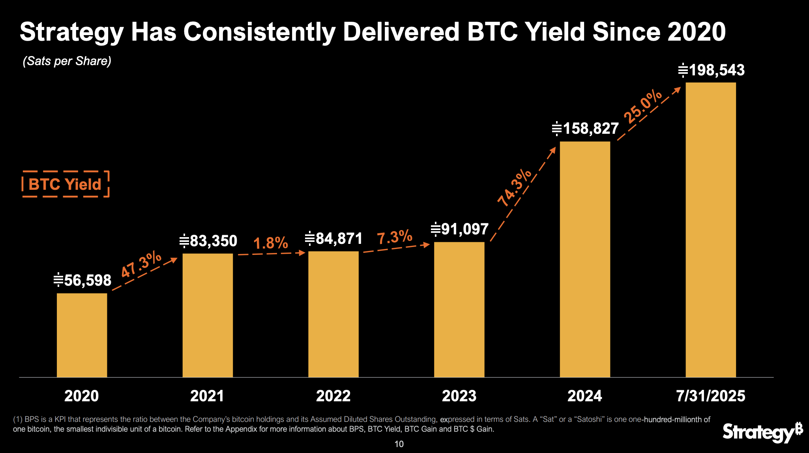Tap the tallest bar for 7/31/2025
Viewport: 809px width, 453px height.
pyautogui.click(x=710, y=229)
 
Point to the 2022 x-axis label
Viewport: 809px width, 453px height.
pyautogui.click(x=333, y=396)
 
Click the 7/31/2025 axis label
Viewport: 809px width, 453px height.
pyautogui.click(x=710, y=396)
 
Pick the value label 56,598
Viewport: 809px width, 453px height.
pyautogui.click(x=83, y=280)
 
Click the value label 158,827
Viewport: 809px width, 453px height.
pyautogui.click(x=586, y=129)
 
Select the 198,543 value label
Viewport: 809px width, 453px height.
pyautogui.click(x=712, y=70)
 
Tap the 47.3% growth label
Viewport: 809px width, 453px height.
pyautogui.click(x=141, y=264)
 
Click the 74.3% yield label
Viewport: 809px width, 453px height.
pyautogui.click(x=515, y=188)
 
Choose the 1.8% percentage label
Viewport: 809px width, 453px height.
pyautogui.click(x=271, y=243)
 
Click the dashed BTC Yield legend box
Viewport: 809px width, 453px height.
pyautogui.click(x=65, y=184)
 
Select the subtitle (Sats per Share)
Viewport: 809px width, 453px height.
pyautogui.click(x=67, y=61)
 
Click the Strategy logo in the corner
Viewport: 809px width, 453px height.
pyautogui.click(x=762, y=432)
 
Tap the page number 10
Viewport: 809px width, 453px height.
pyautogui.click(x=399, y=444)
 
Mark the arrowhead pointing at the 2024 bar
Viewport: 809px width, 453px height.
pyautogui.click(x=553, y=150)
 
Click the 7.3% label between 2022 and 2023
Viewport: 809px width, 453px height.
pyautogui.click(x=394, y=237)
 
